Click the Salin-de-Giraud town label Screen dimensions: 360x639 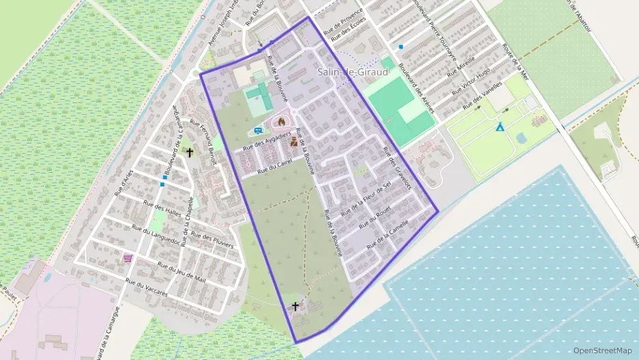click(352, 72)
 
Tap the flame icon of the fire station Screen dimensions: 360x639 click(279, 122)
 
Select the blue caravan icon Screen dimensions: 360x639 click(257, 130)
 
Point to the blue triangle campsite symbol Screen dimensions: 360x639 click(500, 127)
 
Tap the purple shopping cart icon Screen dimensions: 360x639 click(128, 258)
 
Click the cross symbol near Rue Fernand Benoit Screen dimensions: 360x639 click(189, 153)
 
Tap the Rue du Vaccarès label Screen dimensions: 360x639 click(147, 288)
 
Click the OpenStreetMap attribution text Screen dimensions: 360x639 click(602, 350)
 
